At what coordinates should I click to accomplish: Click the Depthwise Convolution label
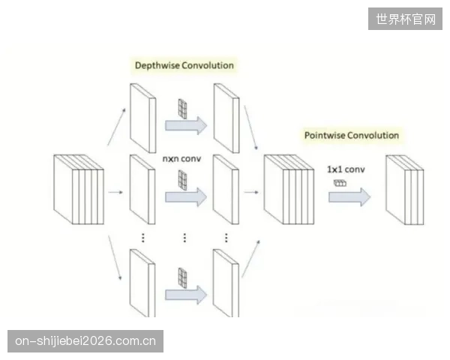pyautogui.click(x=184, y=65)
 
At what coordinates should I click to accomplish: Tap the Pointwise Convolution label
pyautogui.click(x=352, y=135)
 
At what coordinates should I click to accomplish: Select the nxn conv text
pyautogui.click(x=181, y=158)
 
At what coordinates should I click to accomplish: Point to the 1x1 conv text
pyautogui.click(x=346, y=169)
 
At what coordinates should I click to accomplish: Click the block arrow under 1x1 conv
pyautogui.click(x=349, y=197)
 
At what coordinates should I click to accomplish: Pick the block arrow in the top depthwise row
pyautogui.click(x=186, y=125)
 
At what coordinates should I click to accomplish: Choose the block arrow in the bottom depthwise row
pyautogui.click(x=186, y=295)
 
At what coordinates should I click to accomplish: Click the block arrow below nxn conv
pyautogui.click(x=186, y=197)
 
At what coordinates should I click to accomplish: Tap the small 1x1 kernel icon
pyautogui.click(x=340, y=183)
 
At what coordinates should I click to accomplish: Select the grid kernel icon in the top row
pyautogui.click(x=182, y=109)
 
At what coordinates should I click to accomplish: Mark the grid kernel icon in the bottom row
pyautogui.click(x=182, y=277)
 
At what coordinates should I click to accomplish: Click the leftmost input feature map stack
pyautogui.click(x=79, y=190)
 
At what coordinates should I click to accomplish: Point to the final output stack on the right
pyautogui.click(x=405, y=190)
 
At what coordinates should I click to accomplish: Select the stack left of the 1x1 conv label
pyautogui.click(x=289, y=190)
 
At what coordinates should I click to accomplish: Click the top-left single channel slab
pyautogui.click(x=143, y=118)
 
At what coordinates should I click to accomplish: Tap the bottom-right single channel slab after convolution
pyautogui.click(x=226, y=283)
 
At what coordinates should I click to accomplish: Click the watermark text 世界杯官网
pyautogui.click(x=406, y=19)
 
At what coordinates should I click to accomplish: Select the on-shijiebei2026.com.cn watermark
pyautogui.click(x=85, y=341)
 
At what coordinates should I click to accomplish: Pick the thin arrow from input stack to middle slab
pyautogui.click(x=115, y=192)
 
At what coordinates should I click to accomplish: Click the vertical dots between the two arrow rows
pyautogui.click(x=184, y=238)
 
